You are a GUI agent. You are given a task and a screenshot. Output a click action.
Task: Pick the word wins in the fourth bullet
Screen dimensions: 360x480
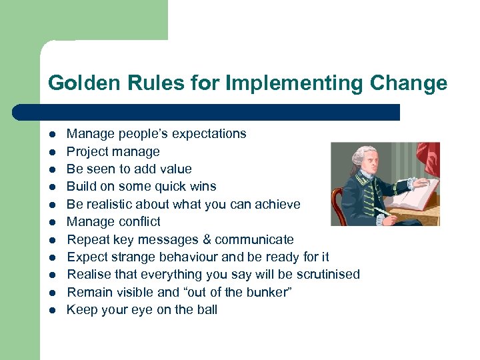203,187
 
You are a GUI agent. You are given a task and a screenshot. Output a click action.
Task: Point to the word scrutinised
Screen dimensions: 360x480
327,275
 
